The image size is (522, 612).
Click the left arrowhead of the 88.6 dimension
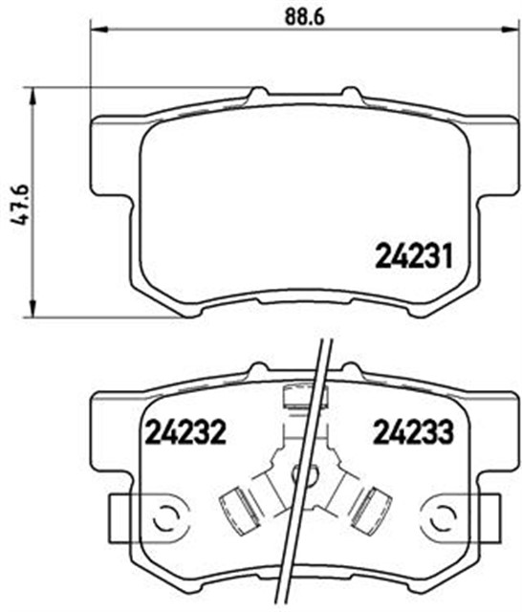pyautogui.click(x=99, y=30)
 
